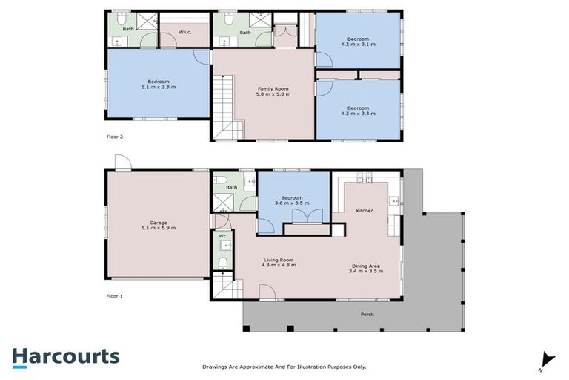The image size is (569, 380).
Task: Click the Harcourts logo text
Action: (65, 356)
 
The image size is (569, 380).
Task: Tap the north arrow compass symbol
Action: (547, 359)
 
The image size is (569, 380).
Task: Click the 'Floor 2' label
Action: (115, 137)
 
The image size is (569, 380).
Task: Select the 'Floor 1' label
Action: (115, 295)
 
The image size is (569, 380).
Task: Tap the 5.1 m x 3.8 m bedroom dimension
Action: (158, 87)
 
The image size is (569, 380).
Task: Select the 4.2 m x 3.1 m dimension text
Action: (359, 45)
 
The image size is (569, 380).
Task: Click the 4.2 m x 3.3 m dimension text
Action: (359, 113)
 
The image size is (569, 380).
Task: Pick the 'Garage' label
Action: (158, 222)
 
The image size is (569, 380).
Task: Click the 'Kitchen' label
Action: (365, 211)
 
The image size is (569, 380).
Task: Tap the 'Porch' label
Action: (367, 314)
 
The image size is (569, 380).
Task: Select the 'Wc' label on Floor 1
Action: (222, 237)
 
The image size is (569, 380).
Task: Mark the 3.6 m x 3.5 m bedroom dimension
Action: (293, 203)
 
